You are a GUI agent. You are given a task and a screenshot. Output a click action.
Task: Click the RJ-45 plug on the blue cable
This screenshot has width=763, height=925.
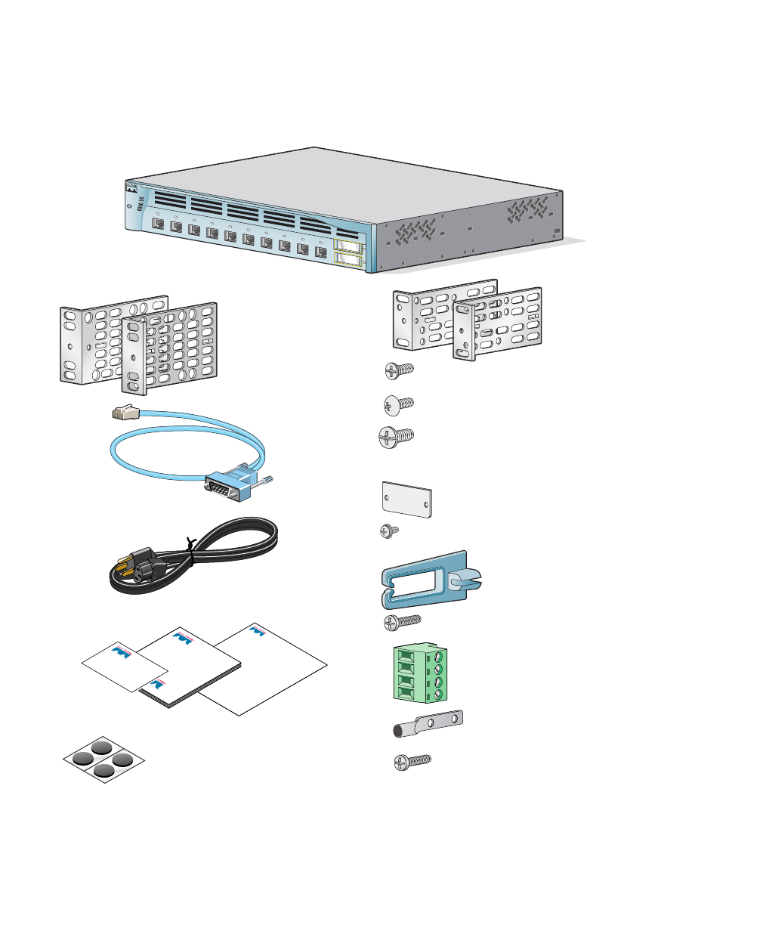[124, 413]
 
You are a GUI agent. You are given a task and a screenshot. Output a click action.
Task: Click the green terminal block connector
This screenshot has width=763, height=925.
[419, 673]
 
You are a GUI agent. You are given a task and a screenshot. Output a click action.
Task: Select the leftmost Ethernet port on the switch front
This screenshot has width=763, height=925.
[157, 224]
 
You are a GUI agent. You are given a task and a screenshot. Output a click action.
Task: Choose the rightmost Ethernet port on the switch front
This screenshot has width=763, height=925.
[320, 252]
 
